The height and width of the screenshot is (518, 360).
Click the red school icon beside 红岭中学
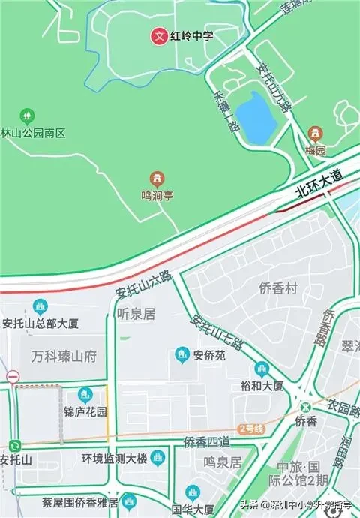(158, 35)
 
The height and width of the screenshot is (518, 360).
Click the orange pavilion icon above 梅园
(316, 134)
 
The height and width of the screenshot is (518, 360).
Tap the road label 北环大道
(318, 182)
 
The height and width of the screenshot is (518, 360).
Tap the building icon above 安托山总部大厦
(39, 307)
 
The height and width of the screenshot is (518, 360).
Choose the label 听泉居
(136, 314)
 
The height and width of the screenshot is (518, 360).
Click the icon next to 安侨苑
(181, 354)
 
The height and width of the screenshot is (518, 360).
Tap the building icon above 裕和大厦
(261, 369)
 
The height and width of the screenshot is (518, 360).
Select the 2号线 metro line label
(251, 429)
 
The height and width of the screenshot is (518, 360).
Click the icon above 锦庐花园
(85, 394)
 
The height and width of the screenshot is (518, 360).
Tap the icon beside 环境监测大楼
(157, 457)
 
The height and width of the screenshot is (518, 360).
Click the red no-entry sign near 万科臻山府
(12, 376)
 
